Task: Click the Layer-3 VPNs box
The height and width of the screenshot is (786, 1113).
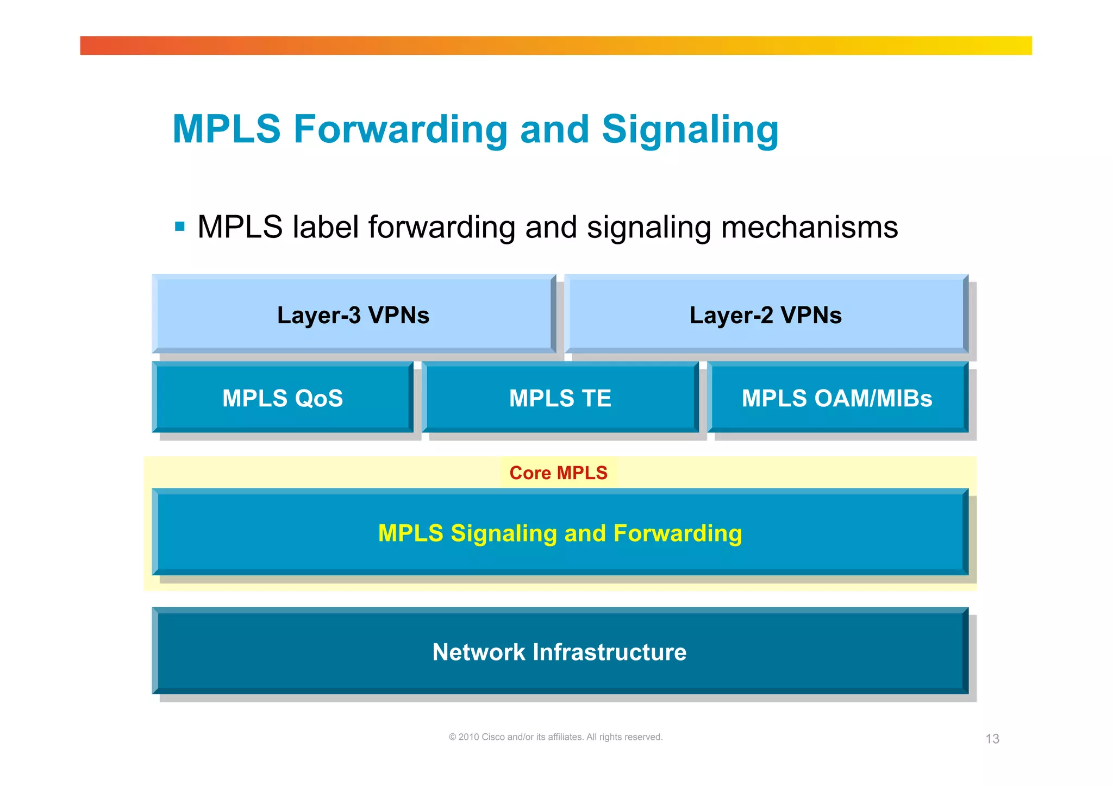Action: tap(353, 315)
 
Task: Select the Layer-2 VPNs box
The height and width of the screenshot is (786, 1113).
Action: tap(765, 315)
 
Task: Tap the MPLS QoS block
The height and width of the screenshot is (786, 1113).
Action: tap(283, 398)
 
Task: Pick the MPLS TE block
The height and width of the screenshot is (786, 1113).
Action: tap(560, 398)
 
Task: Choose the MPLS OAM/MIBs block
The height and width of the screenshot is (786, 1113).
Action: tap(837, 398)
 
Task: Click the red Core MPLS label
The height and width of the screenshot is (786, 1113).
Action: tap(558, 473)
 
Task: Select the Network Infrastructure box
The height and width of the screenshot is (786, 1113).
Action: tap(560, 652)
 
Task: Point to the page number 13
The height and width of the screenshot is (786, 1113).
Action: tap(992, 739)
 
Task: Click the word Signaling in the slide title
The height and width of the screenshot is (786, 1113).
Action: tap(690, 130)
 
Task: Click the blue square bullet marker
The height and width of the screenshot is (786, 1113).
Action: tap(180, 227)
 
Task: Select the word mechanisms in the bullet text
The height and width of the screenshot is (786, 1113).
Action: tap(809, 227)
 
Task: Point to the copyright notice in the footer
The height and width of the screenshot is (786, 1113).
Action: tap(555, 737)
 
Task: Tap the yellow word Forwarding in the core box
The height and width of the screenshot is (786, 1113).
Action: tap(678, 533)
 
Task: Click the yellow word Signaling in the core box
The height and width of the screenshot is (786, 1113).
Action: tap(504, 533)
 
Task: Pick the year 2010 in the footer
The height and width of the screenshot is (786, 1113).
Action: tap(468, 737)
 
